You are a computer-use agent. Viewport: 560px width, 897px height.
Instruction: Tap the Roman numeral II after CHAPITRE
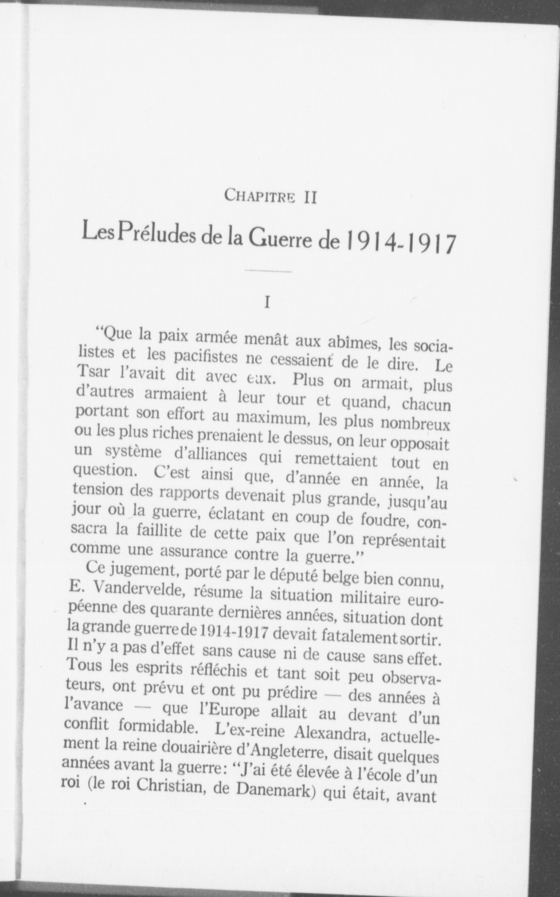(310, 197)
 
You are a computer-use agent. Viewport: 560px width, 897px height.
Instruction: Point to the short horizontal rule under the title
(268, 271)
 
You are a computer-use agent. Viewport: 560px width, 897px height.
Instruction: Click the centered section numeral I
(266, 303)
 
